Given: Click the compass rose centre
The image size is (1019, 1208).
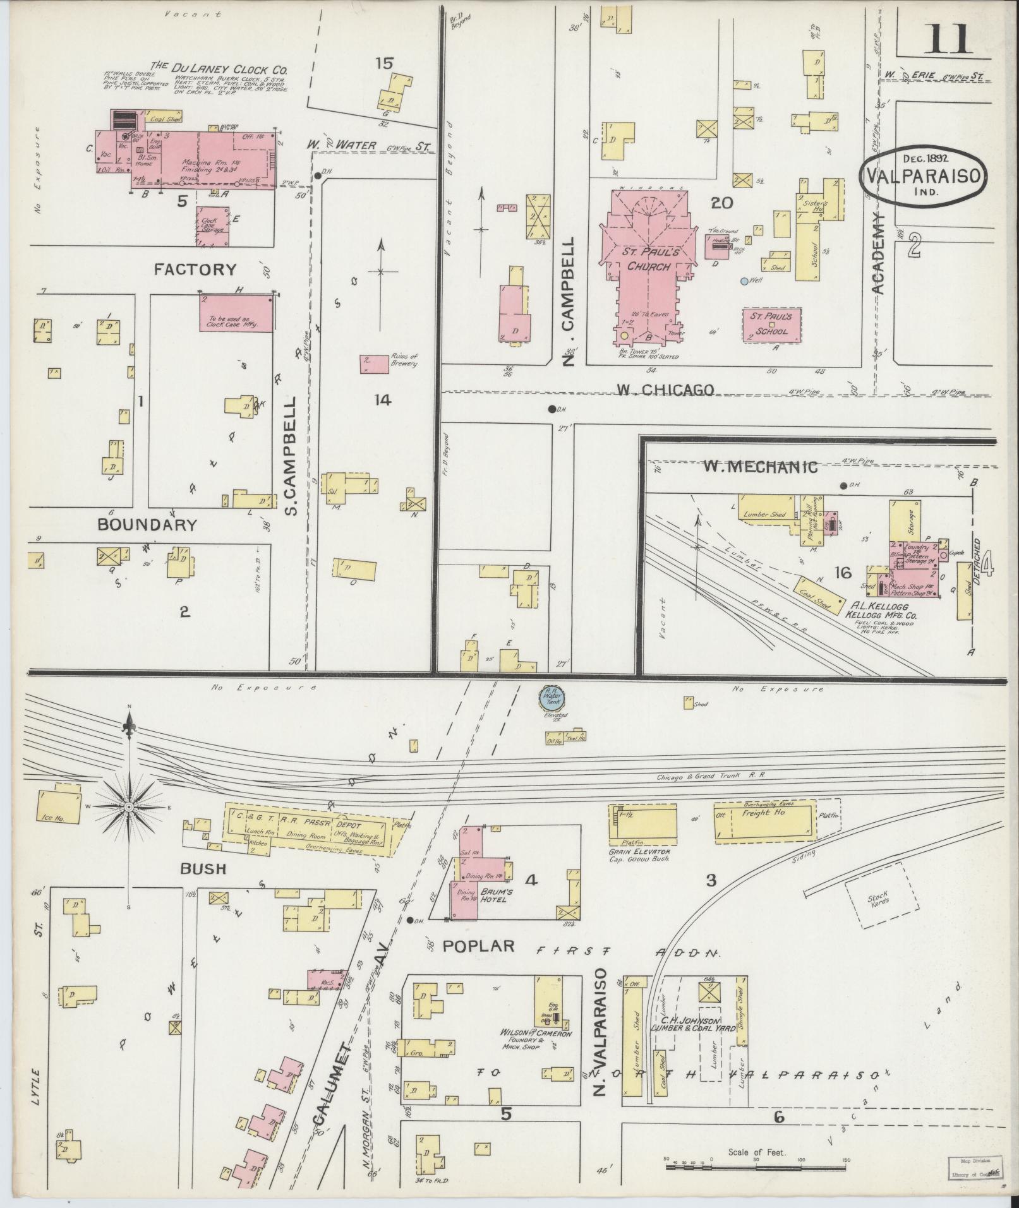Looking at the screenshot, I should point(129,807).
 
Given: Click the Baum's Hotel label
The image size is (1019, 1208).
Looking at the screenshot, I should point(493,895).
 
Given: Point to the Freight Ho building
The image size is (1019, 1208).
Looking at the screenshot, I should point(764,822).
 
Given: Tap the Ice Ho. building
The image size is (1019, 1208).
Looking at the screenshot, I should point(58,808).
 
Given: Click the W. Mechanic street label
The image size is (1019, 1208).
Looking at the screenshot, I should point(760,467).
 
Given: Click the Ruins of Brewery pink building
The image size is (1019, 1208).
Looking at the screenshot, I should point(374,364).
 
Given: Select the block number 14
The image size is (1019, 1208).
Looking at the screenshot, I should point(382,400).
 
